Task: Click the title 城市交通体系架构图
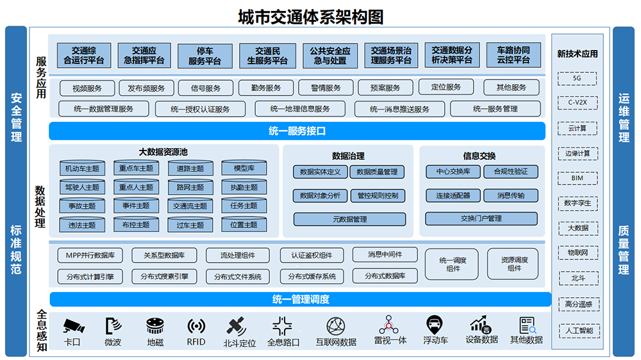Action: click(x=311, y=16)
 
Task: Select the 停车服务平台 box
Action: click(x=204, y=56)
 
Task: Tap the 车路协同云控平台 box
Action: click(x=513, y=56)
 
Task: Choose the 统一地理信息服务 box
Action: click(x=300, y=109)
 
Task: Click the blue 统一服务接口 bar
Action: click(x=297, y=131)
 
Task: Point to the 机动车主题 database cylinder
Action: click(x=82, y=168)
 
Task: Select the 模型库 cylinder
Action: click(x=244, y=168)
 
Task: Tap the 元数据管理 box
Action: click(x=350, y=219)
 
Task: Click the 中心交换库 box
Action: click(x=453, y=172)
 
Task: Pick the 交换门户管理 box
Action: click(x=481, y=219)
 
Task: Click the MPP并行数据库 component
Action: click(x=90, y=256)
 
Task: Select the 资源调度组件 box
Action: click(x=514, y=264)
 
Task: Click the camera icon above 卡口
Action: click(x=73, y=326)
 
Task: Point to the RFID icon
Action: click(x=196, y=326)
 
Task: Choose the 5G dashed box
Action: click(x=577, y=79)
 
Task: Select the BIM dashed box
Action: click(x=577, y=178)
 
